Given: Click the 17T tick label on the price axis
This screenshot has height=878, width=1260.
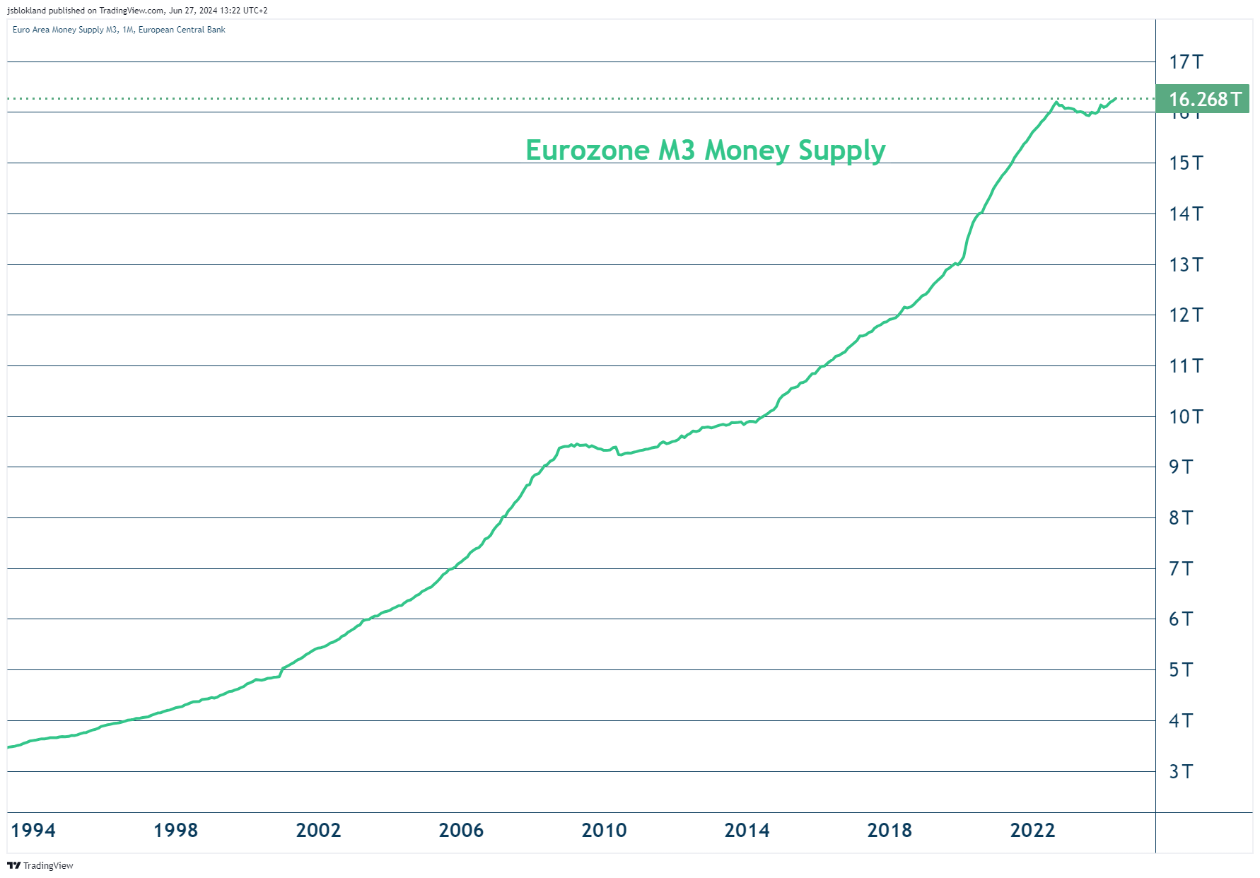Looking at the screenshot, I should point(1186,62).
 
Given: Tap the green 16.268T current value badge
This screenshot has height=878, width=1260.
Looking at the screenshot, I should point(1203,99).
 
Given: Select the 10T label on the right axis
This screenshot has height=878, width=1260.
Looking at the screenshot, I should point(1186,416).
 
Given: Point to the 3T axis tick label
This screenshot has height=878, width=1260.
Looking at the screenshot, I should point(1181,771).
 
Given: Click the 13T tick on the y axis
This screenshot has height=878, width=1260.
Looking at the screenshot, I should point(1186,264).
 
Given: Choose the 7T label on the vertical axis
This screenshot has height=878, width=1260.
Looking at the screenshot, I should point(1181,568).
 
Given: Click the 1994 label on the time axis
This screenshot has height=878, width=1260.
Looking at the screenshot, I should point(33,830).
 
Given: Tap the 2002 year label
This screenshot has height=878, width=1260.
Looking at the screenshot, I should point(318,830).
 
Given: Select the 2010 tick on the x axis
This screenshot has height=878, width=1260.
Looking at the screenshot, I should point(604,830).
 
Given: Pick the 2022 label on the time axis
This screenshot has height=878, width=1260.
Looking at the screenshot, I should point(1032,830).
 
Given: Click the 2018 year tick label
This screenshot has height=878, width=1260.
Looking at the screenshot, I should point(889,830).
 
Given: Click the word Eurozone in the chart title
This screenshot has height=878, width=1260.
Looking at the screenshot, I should point(588,150).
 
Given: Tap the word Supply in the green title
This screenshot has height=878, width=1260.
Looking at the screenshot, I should point(841,150).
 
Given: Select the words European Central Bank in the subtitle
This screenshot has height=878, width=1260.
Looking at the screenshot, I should point(182,30).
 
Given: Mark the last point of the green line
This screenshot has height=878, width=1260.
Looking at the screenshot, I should point(1116,98).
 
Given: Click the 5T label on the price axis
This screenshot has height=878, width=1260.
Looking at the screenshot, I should point(1181,669).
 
